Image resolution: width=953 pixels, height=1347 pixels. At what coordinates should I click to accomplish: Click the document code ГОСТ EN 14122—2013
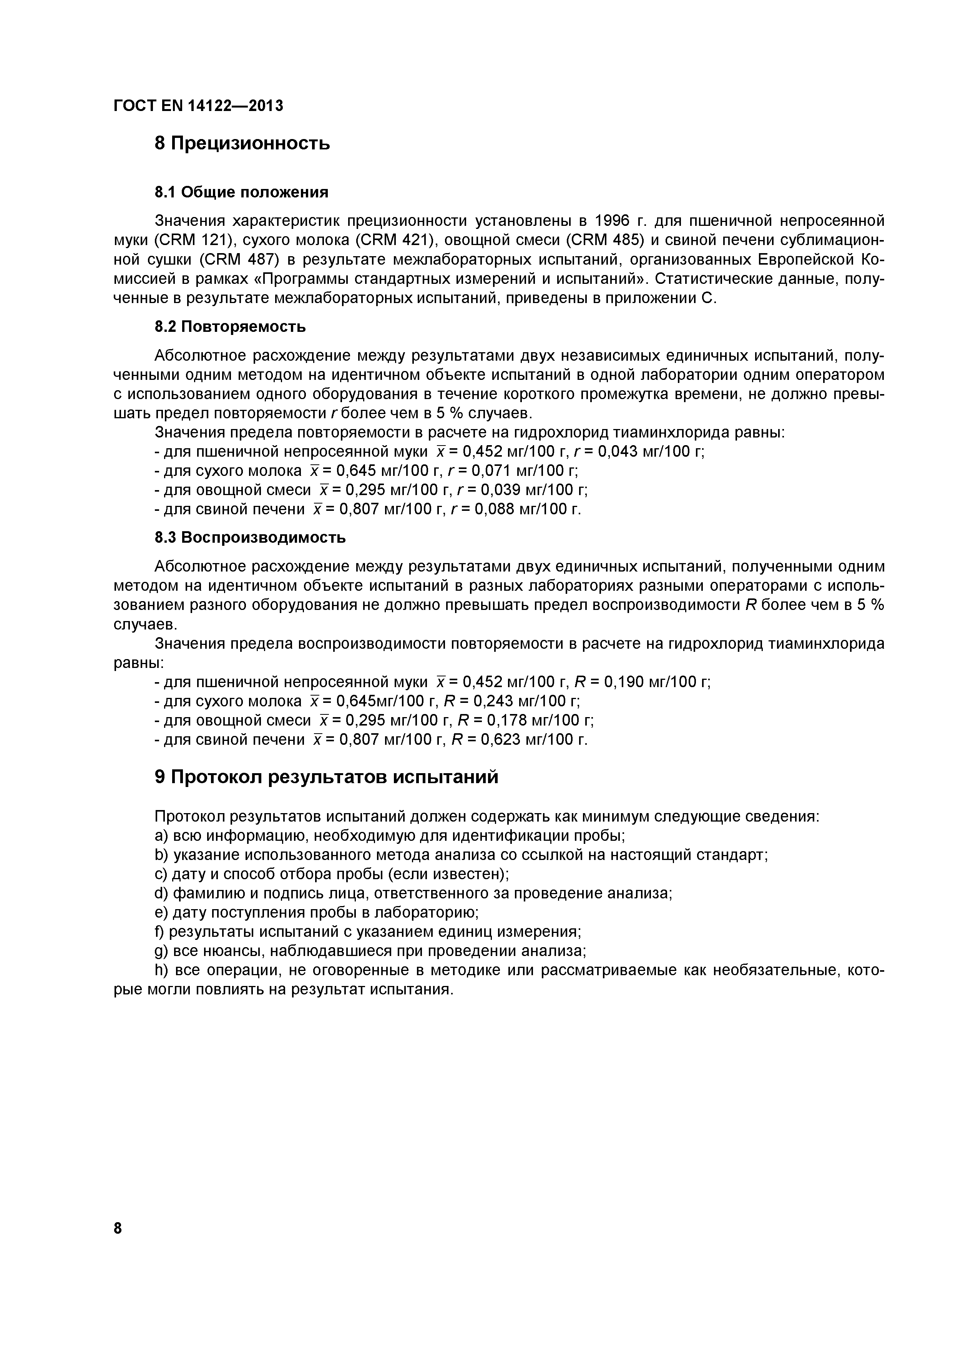click(x=198, y=106)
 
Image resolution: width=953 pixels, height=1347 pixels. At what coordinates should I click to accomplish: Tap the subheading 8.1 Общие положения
click(x=241, y=192)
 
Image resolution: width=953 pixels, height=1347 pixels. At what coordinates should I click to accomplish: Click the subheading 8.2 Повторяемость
click(x=230, y=327)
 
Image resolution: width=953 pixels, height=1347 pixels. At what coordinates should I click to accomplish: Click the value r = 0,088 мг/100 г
click(x=515, y=509)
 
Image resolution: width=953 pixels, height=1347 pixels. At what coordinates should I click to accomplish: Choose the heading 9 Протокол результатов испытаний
click(x=326, y=777)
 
